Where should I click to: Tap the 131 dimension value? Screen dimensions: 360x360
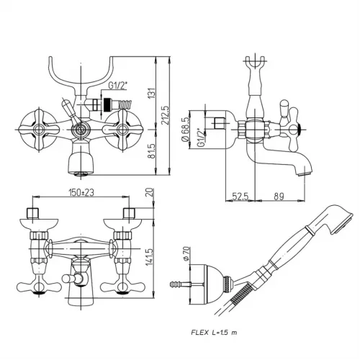pos(152,93)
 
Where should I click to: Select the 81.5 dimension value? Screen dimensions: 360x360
pos(152,151)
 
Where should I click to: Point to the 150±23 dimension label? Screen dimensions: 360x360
pos(81,192)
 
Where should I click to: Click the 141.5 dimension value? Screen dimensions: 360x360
pos(149,256)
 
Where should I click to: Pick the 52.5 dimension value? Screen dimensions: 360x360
pos(240,197)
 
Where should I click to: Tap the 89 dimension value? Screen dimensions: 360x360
pos(279,197)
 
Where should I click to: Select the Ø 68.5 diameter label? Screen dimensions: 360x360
pos(186,130)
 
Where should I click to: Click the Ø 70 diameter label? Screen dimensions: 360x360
pos(187,253)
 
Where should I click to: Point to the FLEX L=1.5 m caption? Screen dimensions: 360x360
pos(214,333)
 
